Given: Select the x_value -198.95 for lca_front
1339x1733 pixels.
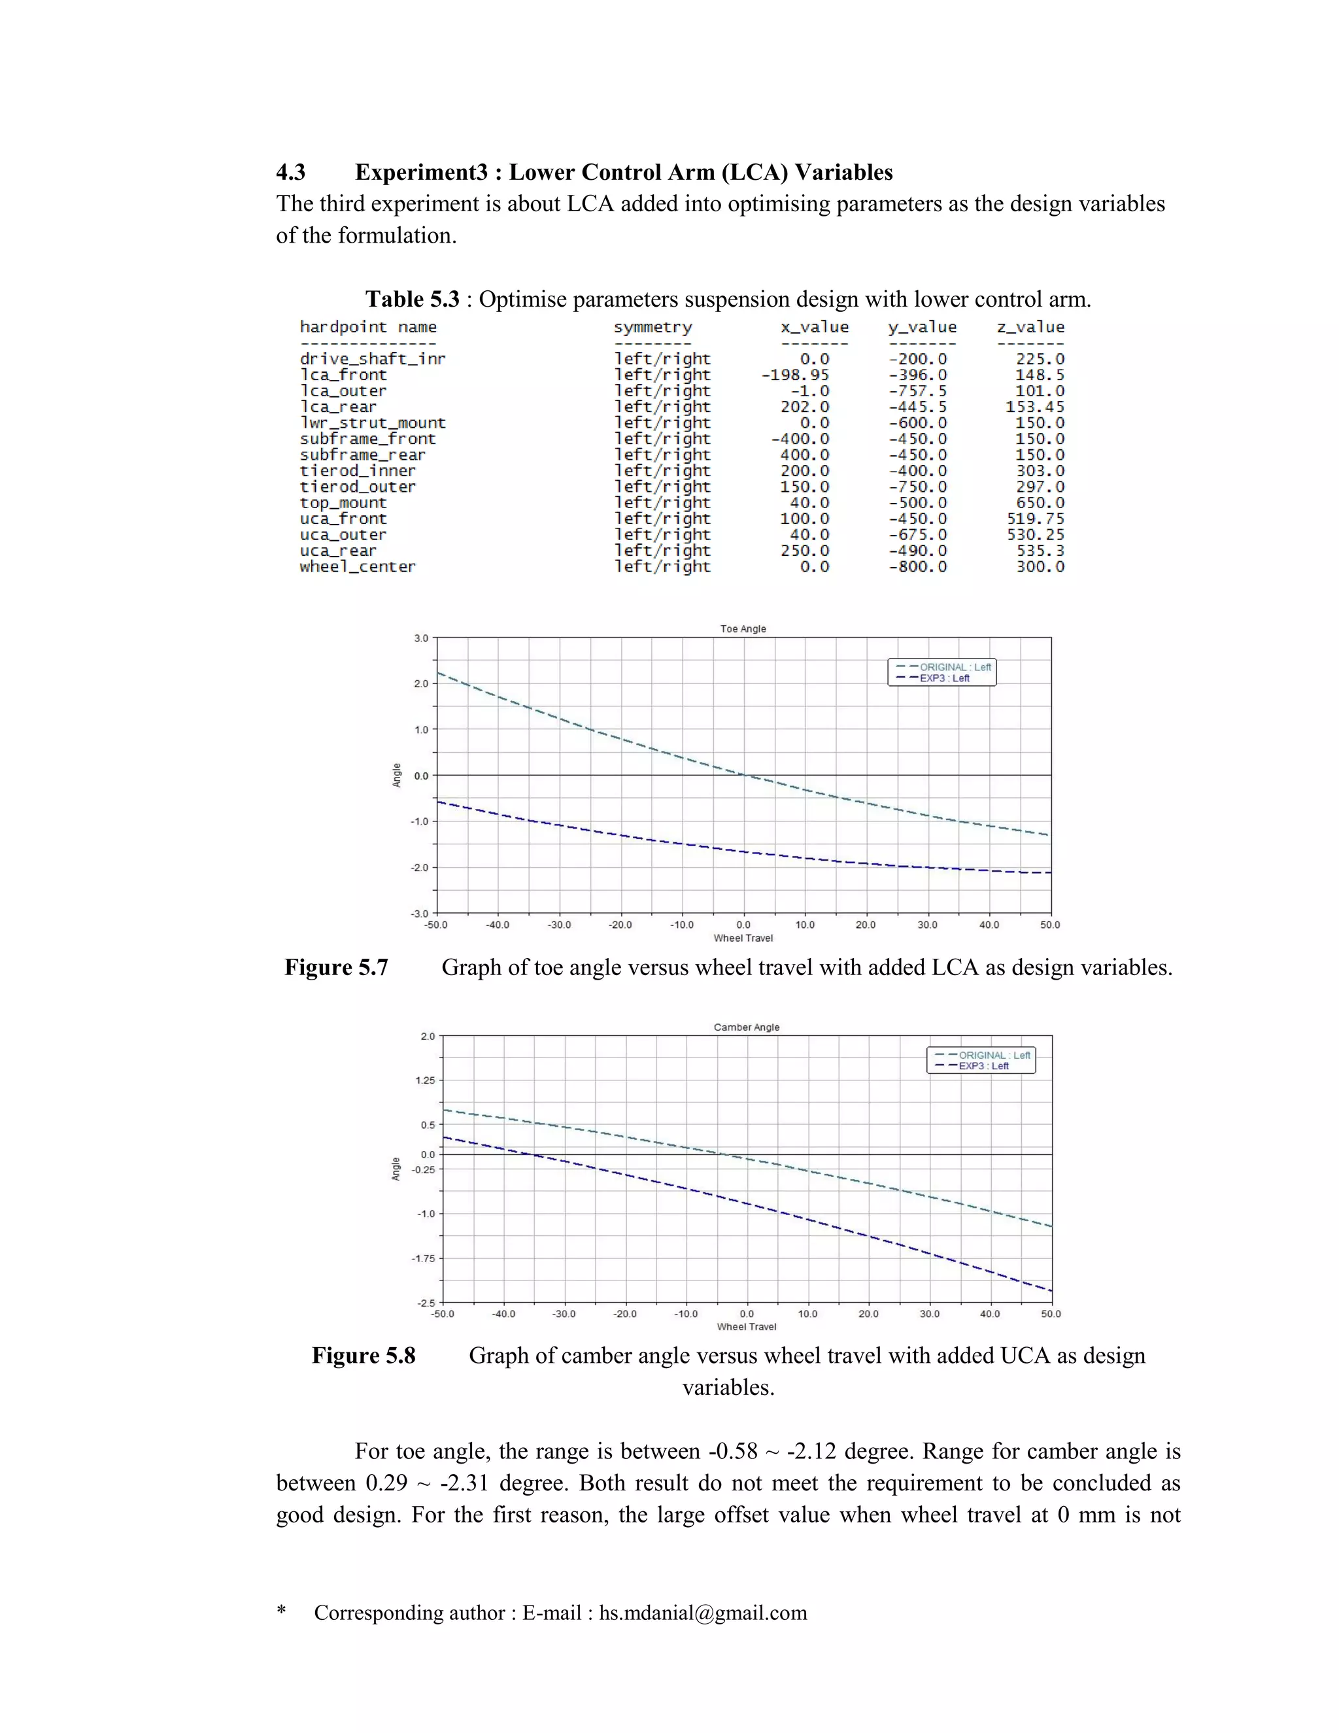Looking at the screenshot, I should [x=795, y=375].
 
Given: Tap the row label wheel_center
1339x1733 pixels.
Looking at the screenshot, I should [x=357, y=566].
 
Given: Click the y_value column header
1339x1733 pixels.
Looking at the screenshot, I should [x=922, y=327].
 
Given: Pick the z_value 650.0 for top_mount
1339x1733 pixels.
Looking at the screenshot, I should [x=1040, y=503].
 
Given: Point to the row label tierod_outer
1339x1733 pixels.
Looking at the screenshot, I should [x=357, y=487].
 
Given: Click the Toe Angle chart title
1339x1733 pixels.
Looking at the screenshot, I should [x=743, y=628].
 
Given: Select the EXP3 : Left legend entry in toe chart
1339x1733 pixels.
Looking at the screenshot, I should [x=944, y=678].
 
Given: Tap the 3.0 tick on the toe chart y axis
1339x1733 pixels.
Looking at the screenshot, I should [x=420, y=638].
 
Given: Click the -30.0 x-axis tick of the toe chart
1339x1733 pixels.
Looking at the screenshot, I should [x=559, y=925].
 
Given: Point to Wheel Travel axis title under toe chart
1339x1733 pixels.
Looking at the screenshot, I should [x=743, y=938].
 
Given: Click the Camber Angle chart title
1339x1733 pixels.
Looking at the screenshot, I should [x=747, y=1027].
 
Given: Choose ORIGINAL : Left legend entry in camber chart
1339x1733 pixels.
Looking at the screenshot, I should [x=994, y=1055].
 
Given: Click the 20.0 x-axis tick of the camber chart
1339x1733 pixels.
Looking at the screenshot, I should [x=869, y=1314].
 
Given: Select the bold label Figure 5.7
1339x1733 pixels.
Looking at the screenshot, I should [x=336, y=967].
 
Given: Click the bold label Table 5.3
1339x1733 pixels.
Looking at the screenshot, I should [x=412, y=299].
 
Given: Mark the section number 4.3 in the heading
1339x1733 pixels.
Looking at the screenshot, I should [x=290, y=172].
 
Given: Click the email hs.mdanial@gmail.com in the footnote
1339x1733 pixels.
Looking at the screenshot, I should [x=703, y=1613].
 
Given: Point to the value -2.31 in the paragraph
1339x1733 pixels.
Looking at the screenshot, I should [x=464, y=1483].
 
